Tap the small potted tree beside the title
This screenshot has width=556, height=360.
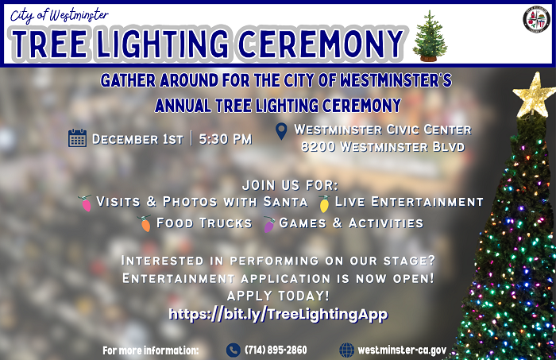pyautogui.click(x=430, y=37)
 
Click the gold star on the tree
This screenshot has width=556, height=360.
pyautogui.click(x=534, y=94)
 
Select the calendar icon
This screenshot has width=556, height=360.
pyautogui.click(x=77, y=138)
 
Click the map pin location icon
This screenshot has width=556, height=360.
pyautogui.click(x=280, y=131)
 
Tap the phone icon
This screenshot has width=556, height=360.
pyautogui.click(x=233, y=350)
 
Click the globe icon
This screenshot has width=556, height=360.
pyautogui.click(x=346, y=350)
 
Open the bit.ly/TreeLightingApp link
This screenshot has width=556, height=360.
pyautogui.click(x=278, y=315)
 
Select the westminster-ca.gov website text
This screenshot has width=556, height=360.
pyautogui.click(x=402, y=350)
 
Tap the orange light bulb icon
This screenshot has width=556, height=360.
pyautogui.click(x=145, y=223)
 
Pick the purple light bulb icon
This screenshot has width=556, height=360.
pyautogui.click(x=268, y=223)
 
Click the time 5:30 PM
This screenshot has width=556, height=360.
pyautogui.click(x=226, y=139)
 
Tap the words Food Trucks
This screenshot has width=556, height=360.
pyautogui.click(x=204, y=223)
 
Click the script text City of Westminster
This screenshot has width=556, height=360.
pyautogui.click(x=60, y=15)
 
